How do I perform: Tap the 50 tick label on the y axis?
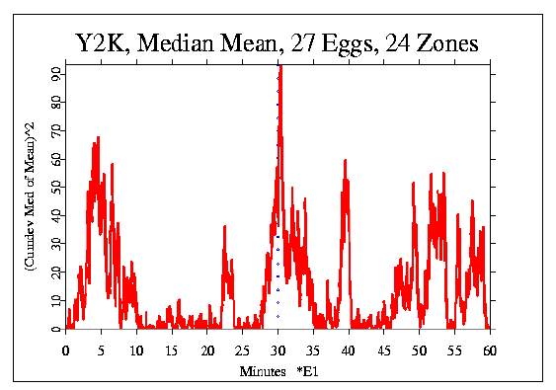57,187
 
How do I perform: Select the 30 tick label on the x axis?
278,350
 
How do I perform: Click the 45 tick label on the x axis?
384,350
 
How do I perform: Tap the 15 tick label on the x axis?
172,350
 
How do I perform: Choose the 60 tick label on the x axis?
490,350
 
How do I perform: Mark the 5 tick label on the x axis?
102,350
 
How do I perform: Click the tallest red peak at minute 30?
280,67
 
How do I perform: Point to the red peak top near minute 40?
346,161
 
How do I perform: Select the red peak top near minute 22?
225,227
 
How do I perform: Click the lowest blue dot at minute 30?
278,316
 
